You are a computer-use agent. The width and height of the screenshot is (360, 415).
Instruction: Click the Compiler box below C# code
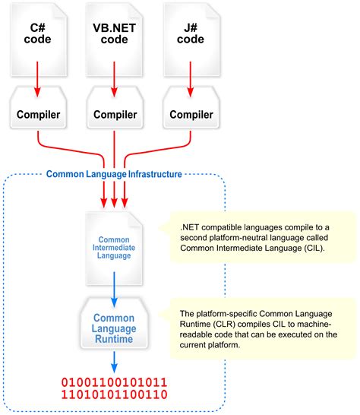click(x=37, y=115)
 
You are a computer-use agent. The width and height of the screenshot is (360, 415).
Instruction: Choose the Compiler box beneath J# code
click(x=190, y=115)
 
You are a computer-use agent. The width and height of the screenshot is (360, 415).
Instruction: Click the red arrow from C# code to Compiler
click(x=37, y=74)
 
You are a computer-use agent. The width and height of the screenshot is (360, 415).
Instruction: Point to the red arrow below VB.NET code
click(x=114, y=74)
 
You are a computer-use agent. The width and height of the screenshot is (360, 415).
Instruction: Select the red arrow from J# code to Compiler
click(x=190, y=74)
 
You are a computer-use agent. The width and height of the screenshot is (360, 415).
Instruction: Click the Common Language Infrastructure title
click(x=114, y=174)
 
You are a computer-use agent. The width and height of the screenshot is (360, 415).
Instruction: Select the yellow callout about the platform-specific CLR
click(x=258, y=329)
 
